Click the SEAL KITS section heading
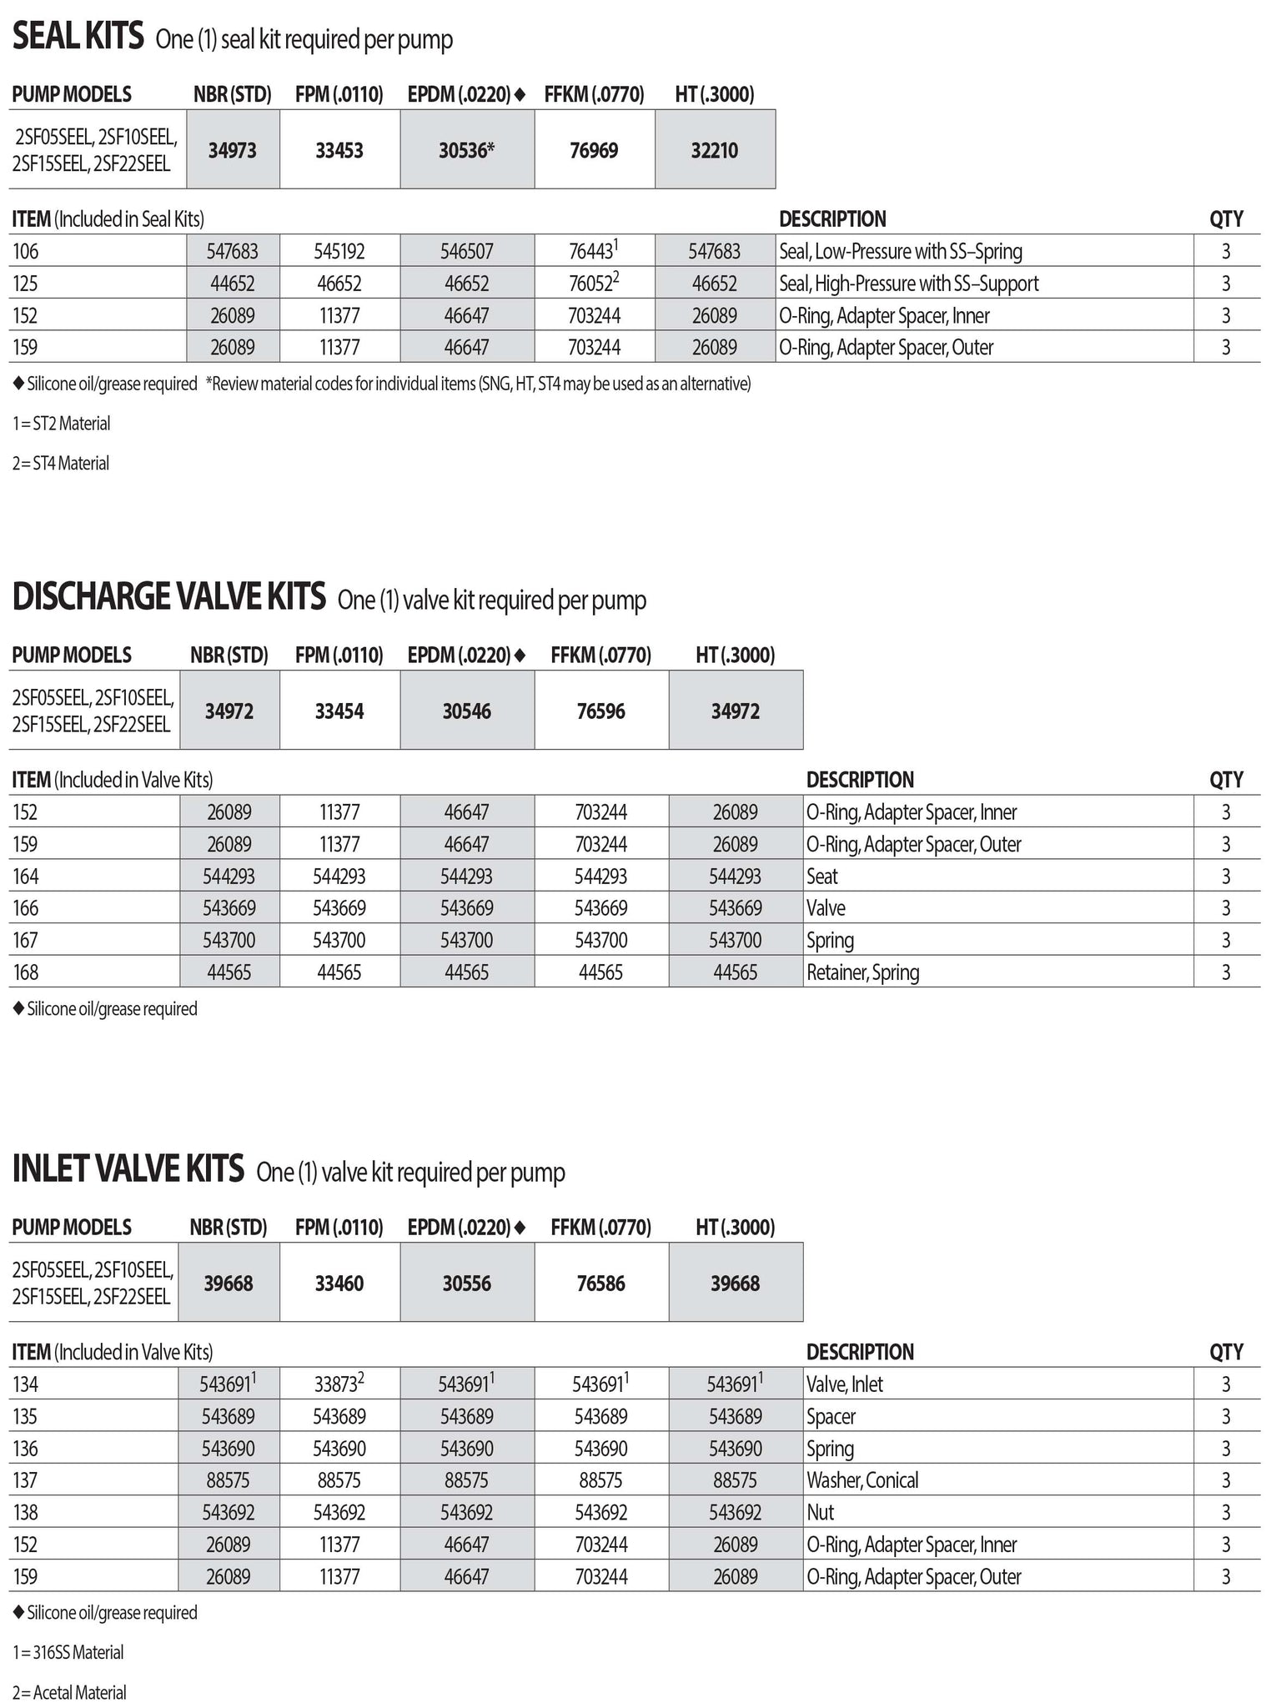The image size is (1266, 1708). [x=78, y=38]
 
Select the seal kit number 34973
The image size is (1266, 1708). [x=233, y=150]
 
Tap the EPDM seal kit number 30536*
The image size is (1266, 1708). [x=467, y=150]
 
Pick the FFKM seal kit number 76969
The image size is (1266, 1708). [x=594, y=150]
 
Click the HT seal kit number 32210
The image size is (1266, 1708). [x=715, y=150]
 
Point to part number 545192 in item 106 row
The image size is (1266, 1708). [x=339, y=251]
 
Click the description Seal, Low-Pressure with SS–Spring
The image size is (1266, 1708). [x=901, y=251]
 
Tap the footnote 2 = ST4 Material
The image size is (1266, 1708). [x=61, y=464]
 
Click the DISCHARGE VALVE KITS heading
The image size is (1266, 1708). [x=168, y=597]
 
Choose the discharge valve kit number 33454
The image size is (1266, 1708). [x=339, y=711]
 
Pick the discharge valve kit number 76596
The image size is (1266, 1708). [x=600, y=711]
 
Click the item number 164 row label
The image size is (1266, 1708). [x=26, y=877]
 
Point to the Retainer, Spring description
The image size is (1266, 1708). [x=862, y=972]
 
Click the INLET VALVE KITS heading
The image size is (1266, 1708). [x=128, y=1169]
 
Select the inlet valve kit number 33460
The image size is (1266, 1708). [x=339, y=1284]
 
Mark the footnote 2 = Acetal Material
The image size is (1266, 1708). [x=69, y=1693]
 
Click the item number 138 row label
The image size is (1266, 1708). [x=26, y=1513]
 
